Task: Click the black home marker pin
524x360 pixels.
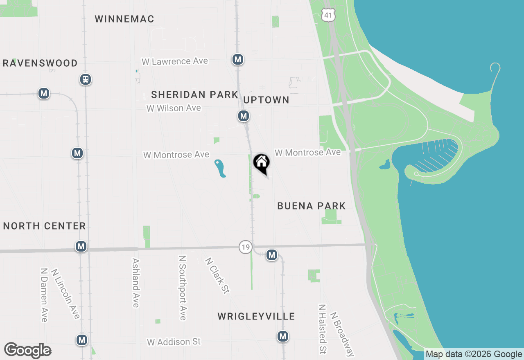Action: click(x=261, y=163)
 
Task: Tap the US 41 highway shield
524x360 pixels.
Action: click(x=328, y=15)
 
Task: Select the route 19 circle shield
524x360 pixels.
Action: click(x=245, y=247)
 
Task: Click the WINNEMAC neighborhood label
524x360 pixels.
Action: click(x=124, y=19)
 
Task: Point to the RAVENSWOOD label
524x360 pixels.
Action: click(x=40, y=63)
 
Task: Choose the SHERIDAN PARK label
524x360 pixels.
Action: click(x=194, y=94)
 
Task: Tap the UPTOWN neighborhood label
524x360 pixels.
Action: click(x=267, y=100)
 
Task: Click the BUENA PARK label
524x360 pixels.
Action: click(x=312, y=206)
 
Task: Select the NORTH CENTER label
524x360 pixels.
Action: click(x=45, y=226)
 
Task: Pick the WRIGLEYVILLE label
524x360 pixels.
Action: click(x=256, y=316)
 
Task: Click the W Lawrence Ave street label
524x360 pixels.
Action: click(x=175, y=61)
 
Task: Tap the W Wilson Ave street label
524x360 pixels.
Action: click(x=174, y=108)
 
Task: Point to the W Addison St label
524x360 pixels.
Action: click(x=174, y=342)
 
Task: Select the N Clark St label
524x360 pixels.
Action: click(x=217, y=275)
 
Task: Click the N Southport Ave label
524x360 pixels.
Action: click(x=183, y=288)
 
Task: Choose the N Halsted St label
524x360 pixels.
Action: click(x=323, y=328)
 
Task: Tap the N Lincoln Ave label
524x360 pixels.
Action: click(x=65, y=293)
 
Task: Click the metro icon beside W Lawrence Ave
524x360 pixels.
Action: click(x=237, y=59)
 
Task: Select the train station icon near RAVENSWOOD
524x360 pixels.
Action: click(x=86, y=79)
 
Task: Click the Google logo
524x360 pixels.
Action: click(x=28, y=351)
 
